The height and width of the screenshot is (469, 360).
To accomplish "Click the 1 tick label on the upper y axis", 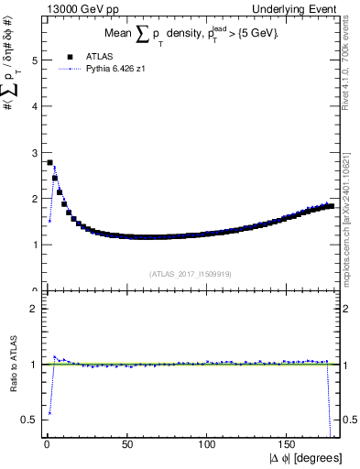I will [x=32, y=245].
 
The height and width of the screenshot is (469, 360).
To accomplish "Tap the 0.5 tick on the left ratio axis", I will [x=29, y=420].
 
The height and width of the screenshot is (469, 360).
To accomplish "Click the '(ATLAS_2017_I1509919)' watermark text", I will [x=190, y=273].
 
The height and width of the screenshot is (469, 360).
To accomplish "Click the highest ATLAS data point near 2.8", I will [x=49, y=162].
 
